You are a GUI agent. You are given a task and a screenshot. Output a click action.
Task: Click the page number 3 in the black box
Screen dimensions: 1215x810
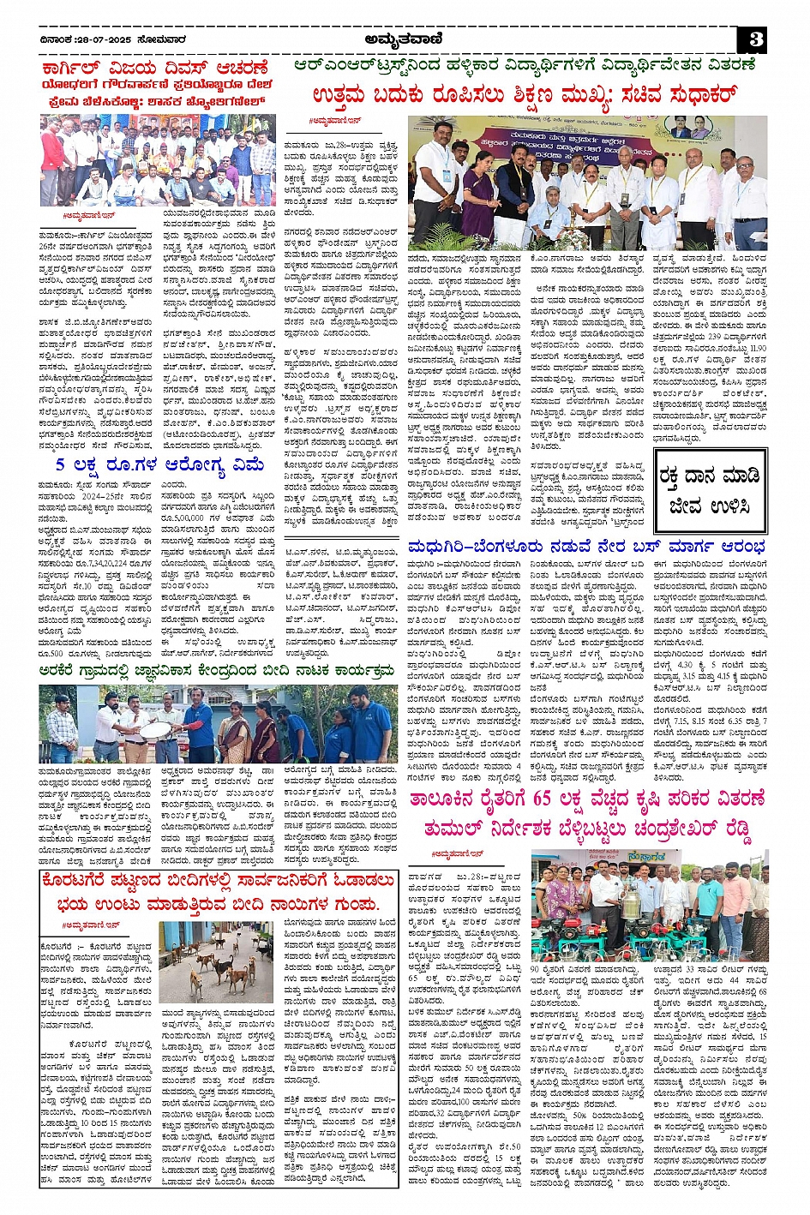click(754, 39)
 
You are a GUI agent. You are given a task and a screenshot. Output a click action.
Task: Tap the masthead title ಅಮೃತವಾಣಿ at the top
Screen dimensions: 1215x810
click(404, 39)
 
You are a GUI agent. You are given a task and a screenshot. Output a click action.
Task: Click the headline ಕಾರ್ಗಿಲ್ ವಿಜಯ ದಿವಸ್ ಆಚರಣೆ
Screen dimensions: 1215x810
click(155, 68)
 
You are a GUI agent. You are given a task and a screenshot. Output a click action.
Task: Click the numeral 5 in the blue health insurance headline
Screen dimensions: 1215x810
click(60, 465)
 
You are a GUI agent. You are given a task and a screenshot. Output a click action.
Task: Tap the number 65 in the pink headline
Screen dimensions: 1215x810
click(541, 799)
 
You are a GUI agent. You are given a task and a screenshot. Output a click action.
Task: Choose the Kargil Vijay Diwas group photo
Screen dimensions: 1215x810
click(157, 161)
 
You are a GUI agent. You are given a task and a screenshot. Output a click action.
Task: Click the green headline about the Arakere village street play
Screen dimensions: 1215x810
click(216, 672)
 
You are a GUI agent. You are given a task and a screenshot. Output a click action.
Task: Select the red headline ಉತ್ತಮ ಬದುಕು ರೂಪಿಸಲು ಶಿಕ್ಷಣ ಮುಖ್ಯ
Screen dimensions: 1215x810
click(525, 95)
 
